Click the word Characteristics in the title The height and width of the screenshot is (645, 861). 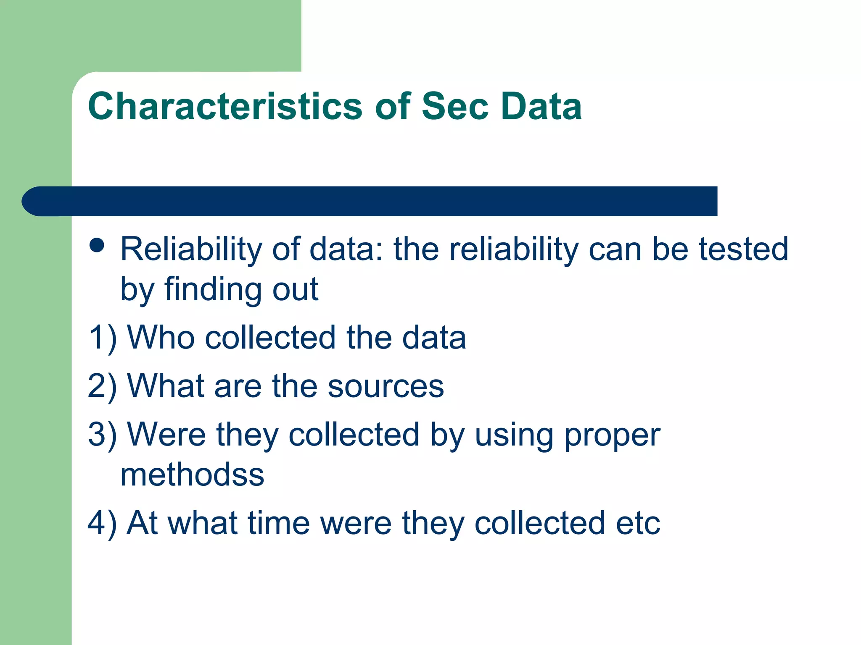point(225,106)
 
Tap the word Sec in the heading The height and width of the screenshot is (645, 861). point(455,106)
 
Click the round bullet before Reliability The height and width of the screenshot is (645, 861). point(97,246)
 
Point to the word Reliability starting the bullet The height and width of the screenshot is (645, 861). point(191,250)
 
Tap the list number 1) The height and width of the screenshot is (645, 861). point(103,338)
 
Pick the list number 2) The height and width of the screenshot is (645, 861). point(103,386)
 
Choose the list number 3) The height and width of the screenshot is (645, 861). point(103,435)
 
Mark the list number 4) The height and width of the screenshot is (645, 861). point(103,524)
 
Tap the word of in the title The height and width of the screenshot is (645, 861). point(393,106)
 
